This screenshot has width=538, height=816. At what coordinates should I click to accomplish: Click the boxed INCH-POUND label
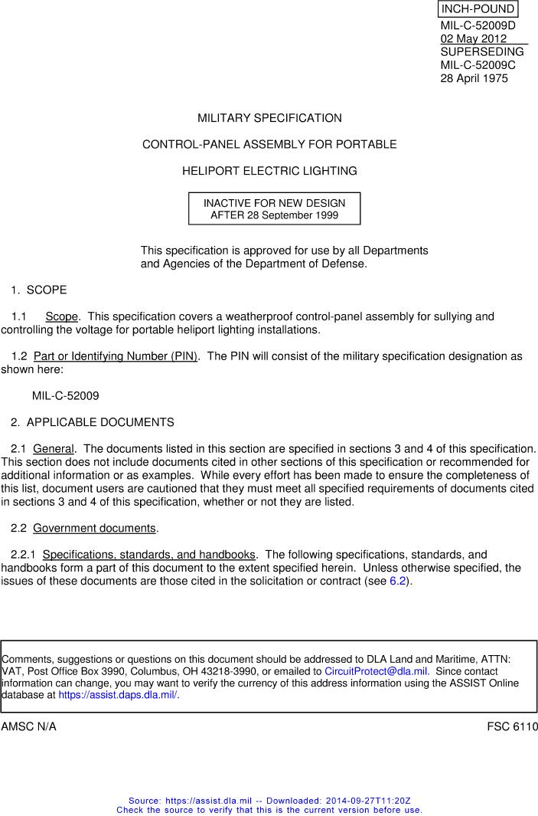coord(478,9)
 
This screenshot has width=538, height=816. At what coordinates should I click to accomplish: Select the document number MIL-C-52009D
coord(478,26)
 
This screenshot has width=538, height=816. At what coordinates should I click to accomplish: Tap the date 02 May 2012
coord(473,39)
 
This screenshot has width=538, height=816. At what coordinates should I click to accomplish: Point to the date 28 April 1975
coord(474,78)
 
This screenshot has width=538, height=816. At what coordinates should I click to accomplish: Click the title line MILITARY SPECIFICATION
coord(269,118)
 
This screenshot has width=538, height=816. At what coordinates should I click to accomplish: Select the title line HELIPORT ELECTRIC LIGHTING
coord(269,171)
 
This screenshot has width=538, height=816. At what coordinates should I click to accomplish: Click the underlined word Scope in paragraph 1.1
coord(61,316)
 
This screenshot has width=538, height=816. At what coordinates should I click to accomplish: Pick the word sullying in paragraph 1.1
coord(452,316)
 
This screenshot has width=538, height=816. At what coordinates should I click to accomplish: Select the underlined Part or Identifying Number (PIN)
coord(116,356)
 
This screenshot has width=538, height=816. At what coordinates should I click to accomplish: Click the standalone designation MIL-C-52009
coord(65,396)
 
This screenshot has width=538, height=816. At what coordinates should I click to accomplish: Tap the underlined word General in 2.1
coord(54,448)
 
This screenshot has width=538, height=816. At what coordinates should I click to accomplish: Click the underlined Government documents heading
coord(94,528)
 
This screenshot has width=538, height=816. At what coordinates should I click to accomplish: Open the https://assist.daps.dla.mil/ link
coord(119,696)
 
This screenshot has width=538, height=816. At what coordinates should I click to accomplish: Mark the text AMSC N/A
coord(29,726)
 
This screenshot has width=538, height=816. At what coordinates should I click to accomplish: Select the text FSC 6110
coord(512,726)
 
